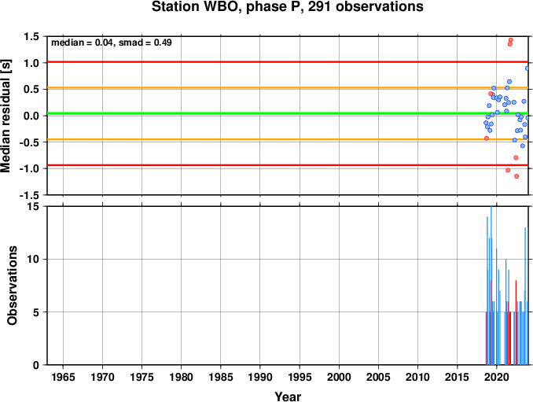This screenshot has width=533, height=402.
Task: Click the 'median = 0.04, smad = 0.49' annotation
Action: click(112, 42)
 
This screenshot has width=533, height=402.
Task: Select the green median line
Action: click(288, 113)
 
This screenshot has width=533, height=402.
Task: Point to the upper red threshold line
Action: click(288, 62)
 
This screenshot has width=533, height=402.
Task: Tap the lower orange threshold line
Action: click(288, 139)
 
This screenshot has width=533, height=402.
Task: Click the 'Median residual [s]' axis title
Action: click(6, 116)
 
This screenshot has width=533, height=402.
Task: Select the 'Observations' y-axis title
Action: click(13, 286)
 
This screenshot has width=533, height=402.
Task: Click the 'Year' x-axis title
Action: click(288, 396)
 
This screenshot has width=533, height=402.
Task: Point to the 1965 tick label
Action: click(63, 377)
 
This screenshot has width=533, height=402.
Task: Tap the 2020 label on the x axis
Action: click(497, 377)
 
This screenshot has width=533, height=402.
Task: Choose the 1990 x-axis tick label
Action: click(260, 377)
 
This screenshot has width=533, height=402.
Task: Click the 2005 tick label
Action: click(378, 377)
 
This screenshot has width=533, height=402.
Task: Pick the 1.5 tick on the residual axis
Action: click(32, 36)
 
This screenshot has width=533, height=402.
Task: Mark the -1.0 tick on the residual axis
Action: click(30, 168)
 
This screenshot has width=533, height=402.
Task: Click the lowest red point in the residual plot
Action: click(516, 176)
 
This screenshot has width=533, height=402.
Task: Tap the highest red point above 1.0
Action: click(510, 40)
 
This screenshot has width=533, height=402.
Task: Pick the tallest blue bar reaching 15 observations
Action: click(491, 286)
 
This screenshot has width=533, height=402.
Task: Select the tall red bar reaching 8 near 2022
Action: click(516, 323)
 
